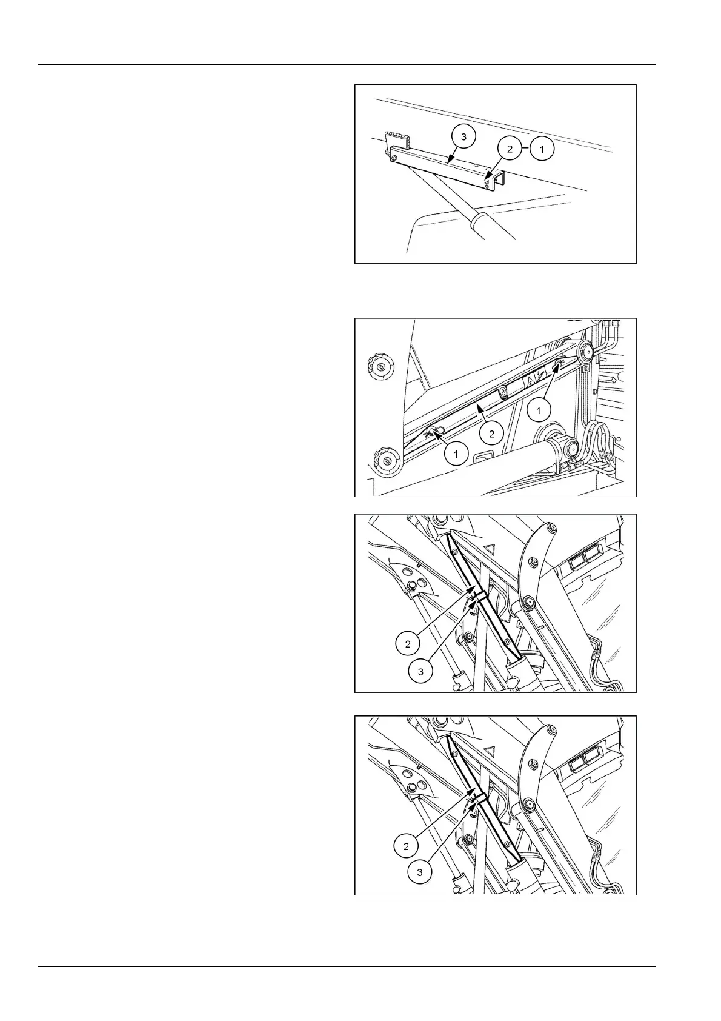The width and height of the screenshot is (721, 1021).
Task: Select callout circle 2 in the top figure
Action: tap(510, 148)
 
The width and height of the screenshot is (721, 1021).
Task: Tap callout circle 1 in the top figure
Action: tap(542, 148)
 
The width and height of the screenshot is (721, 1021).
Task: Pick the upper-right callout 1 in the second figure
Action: tap(539, 411)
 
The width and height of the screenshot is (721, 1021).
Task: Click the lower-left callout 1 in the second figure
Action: tap(456, 453)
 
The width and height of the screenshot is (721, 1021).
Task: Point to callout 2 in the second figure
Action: tap(491, 433)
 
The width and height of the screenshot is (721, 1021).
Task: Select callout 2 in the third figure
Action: tap(408, 643)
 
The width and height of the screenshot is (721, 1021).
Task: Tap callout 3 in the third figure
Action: tap(420, 671)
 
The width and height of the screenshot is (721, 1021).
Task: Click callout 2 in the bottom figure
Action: tap(407, 846)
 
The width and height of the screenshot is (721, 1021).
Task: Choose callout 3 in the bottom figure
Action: tap(419, 872)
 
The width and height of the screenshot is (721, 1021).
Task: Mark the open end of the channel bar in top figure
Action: tap(496, 181)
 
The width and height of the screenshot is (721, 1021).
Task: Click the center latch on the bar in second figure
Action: tap(503, 394)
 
